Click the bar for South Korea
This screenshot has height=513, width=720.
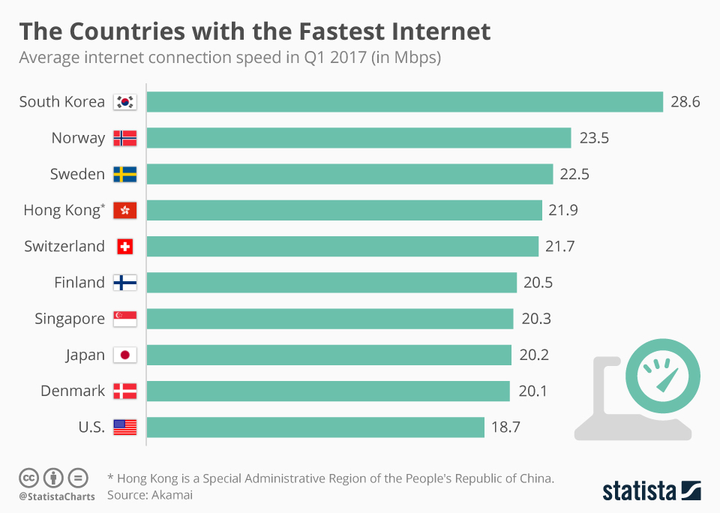click(405, 102)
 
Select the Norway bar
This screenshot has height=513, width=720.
click(358, 138)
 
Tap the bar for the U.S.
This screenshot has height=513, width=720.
click(315, 427)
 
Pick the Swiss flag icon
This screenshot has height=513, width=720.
click(124, 247)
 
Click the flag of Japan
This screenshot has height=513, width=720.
click(124, 355)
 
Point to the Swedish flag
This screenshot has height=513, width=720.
click(124, 175)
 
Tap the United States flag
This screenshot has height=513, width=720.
click(124, 427)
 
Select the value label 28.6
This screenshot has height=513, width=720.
click(685, 102)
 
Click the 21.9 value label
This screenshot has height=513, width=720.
click(562, 211)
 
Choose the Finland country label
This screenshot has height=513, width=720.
click(79, 283)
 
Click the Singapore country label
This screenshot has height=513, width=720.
click(70, 319)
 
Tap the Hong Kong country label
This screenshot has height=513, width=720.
click(64, 211)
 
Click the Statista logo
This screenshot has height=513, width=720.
click(652, 491)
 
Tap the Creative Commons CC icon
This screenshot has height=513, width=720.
click(29, 478)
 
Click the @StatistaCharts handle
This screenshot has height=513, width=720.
click(57, 496)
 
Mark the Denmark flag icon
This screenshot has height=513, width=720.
click(124, 391)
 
